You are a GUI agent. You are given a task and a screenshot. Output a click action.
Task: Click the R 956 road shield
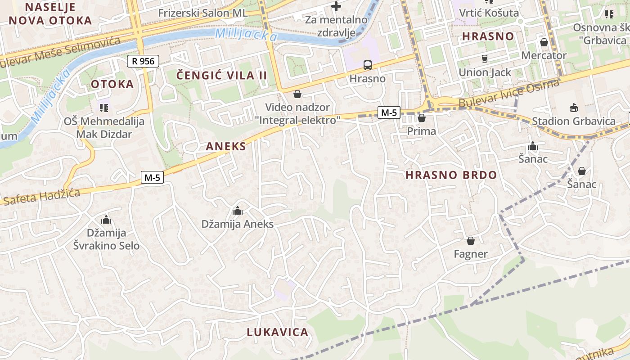(144, 61)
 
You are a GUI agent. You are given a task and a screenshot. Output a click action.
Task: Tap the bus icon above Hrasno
(368, 65)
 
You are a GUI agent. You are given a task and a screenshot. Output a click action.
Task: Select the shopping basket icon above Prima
(422, 118)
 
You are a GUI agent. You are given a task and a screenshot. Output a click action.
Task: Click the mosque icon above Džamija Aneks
(237, 211)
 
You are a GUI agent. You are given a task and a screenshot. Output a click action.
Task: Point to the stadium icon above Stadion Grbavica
(574, 108)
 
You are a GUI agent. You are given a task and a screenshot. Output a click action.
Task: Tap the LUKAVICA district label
(277, 333)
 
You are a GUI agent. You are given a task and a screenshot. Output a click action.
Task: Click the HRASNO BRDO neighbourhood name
(451, 175)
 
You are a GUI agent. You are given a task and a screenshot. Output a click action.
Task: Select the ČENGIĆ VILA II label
(221, 75)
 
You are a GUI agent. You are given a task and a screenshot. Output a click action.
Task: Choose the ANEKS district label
(226, 146)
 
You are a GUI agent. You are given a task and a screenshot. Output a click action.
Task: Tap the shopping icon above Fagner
(471, 241)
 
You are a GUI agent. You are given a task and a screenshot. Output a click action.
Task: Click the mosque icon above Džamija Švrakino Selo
(106, 220)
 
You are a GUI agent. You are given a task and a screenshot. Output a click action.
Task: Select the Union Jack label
(485, 72)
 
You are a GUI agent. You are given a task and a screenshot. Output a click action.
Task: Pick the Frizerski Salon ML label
(202, 13)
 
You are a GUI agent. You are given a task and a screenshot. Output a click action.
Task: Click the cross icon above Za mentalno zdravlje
(336, 6)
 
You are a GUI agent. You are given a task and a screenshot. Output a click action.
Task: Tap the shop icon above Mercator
(544, 42)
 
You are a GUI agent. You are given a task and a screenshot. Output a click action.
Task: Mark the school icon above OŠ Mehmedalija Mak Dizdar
(104, 108)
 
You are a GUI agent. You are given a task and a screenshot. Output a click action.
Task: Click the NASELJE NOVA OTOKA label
(50, 13)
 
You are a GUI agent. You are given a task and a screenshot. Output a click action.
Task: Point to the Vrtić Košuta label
(489, 13)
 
